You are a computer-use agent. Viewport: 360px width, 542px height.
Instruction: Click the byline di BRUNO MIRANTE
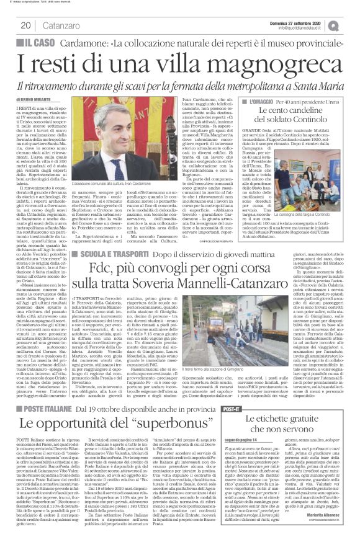(x=32, y=100)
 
